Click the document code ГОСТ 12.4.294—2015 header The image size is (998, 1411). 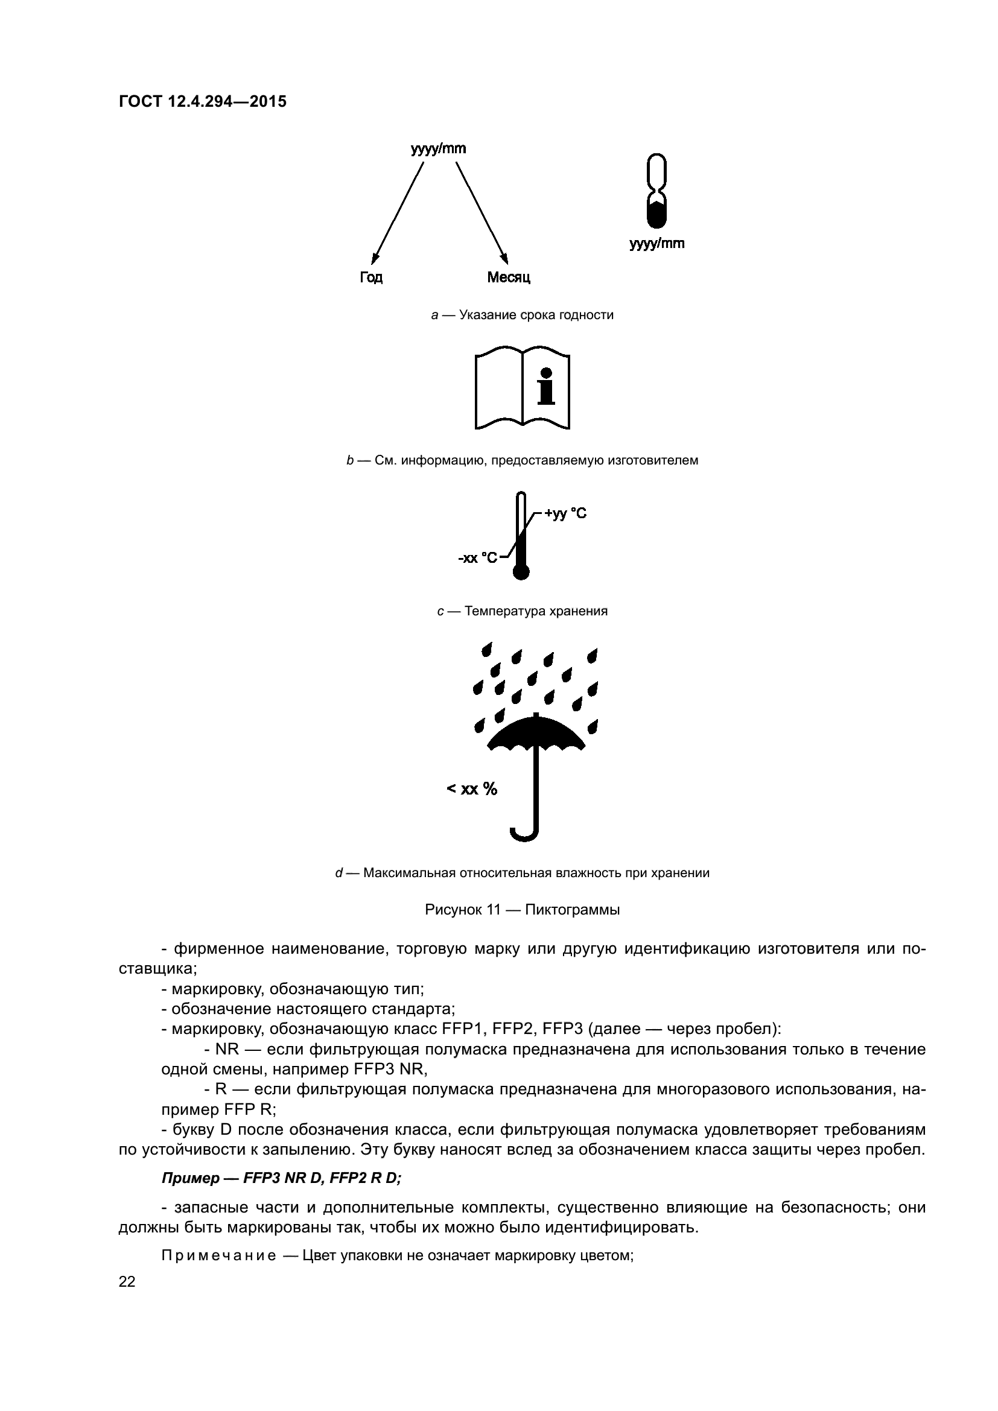point(202,102)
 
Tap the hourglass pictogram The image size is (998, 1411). point(657,191)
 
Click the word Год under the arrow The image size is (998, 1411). point(371,277)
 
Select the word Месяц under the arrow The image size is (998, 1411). point(508,277)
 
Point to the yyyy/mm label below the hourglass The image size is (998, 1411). point(656,244)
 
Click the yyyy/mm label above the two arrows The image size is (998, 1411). point(438,149)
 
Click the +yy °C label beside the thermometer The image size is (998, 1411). point(565,514)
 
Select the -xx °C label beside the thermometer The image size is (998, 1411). point(477,558)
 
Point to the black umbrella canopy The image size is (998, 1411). point(536,734)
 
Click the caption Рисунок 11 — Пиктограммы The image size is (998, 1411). point(522,910)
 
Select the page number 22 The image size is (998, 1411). point(127,1282)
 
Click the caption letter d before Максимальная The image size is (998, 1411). point(338,874)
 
